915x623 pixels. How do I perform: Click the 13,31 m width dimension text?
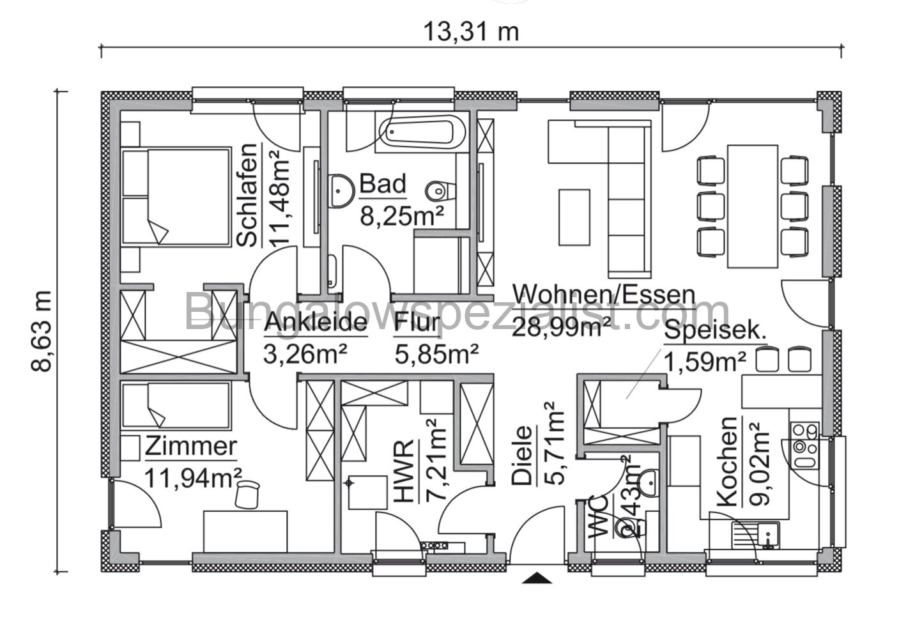(471, 31)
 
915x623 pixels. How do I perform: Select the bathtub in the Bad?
(417, 133)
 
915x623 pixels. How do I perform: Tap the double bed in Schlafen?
(176, 196)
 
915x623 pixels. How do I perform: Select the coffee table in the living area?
(574, 217)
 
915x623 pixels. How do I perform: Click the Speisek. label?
(715, 332)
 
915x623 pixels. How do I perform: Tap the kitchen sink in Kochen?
(755, 534)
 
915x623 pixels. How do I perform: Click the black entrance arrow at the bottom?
(536, 578)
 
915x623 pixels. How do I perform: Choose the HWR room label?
(404, 471)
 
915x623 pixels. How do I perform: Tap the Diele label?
(522, 456)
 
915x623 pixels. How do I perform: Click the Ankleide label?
(316, 323)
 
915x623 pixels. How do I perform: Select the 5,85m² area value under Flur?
(437, 353)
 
